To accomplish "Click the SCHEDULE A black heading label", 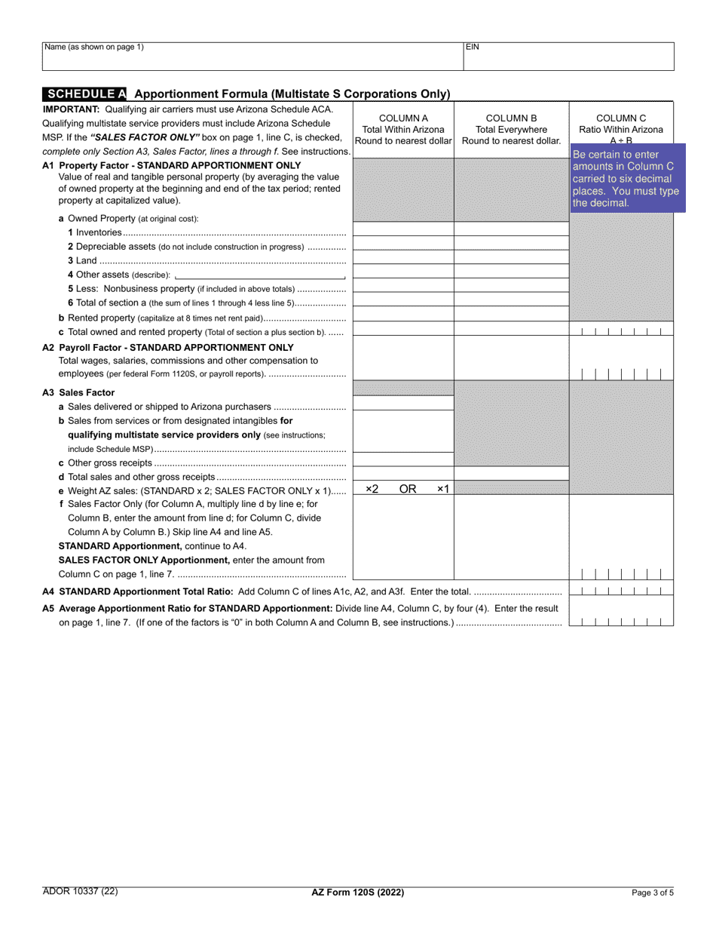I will (84, 94).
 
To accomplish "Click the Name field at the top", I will (252, 56).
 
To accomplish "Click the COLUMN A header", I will (403, 129).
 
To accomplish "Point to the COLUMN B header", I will (511, 129).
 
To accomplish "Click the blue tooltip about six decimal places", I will (626, 179).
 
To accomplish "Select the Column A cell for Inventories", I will (403, 229).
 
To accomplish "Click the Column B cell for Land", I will (511, 258).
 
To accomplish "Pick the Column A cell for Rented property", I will (403, 315).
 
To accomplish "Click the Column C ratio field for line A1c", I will (621, 330).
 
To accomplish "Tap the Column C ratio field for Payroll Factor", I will (621, 373).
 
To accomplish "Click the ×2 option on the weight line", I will (372, 489).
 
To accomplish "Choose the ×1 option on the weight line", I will (443, 489).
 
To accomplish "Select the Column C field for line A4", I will (621, 591).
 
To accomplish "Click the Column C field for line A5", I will (621, 621).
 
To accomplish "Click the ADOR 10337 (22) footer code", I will (80, 891).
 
